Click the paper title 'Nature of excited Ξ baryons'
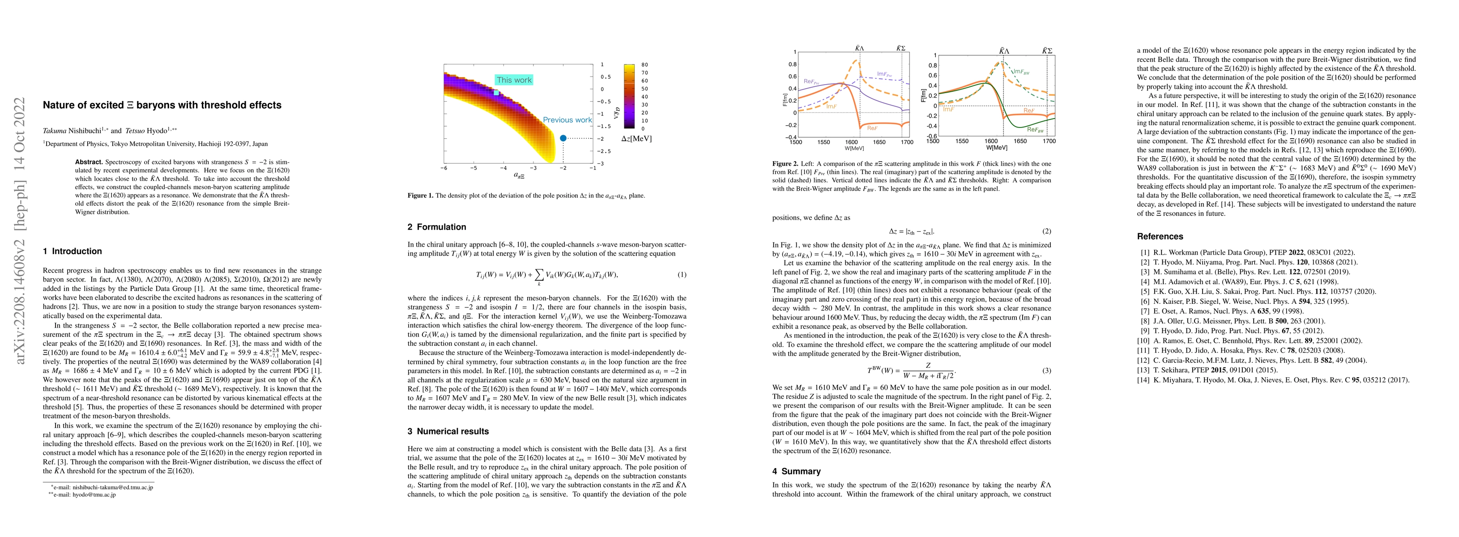162,105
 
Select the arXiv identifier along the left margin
21,231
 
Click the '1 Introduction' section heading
73,251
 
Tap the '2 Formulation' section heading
437,226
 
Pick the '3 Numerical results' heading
448,431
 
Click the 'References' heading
1160,236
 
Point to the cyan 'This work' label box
514,80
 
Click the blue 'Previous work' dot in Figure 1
563,138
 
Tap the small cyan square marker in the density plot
496,92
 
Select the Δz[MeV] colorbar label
636,139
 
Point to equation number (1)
682,275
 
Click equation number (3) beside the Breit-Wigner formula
1047,371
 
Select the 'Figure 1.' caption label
420,196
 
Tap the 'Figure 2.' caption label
785,164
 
